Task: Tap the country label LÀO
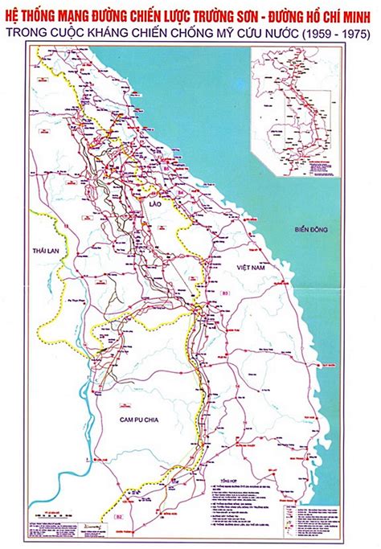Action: pyautogui.click(x=154, y=206)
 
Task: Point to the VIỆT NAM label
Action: pyautogui.click(x=249, y=265)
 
